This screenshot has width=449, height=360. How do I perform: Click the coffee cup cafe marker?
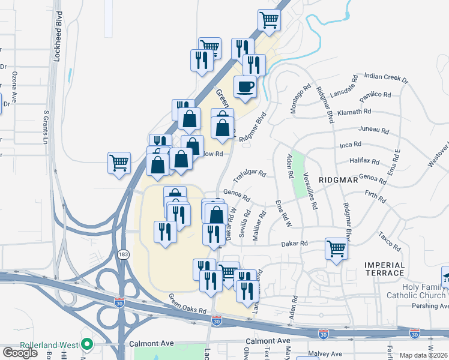245,87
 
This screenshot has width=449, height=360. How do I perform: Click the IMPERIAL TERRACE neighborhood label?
384,268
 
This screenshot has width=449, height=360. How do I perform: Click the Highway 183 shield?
124,254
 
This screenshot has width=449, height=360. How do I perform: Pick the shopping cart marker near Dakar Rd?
337,248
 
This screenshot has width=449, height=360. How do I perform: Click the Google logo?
20,352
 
